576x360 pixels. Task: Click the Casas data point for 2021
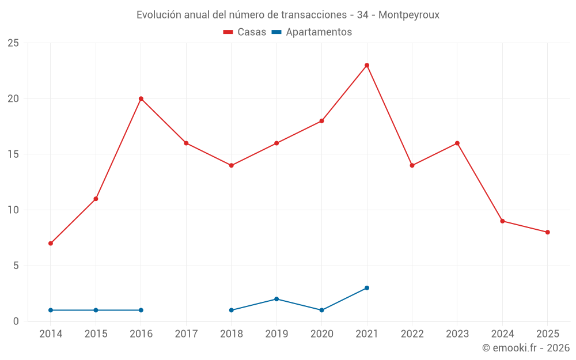coord(367,65)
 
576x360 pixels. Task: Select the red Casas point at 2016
coord(141,98)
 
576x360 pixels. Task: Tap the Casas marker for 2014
coord(51,243)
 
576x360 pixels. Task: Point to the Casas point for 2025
coord(548,232)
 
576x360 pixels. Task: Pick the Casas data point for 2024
coord(502,221)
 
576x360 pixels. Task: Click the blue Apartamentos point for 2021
coord(367,288)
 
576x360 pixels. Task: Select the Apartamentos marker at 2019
coord(276,299)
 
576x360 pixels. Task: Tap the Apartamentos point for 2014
coord(51,310)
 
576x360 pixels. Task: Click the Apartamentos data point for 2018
coord(232,310)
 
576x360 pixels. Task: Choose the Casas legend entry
coord(245,32)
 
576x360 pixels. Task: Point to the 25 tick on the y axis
coord(13,43)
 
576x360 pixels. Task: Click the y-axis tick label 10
coord(13,210)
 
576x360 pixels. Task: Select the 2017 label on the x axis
coord(186,334)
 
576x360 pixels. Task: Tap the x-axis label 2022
coord(412,334)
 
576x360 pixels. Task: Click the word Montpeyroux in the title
coord(410,15)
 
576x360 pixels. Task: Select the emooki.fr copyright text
coord(526,348)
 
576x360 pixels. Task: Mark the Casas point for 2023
coord(457,143)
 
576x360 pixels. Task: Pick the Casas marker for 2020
coord(321,121)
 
